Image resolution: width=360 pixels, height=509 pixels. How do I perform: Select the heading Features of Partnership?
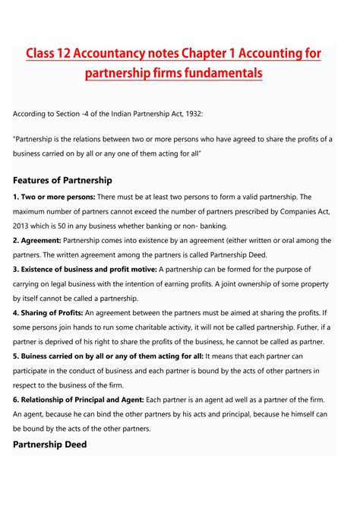(x=62, y=180)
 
